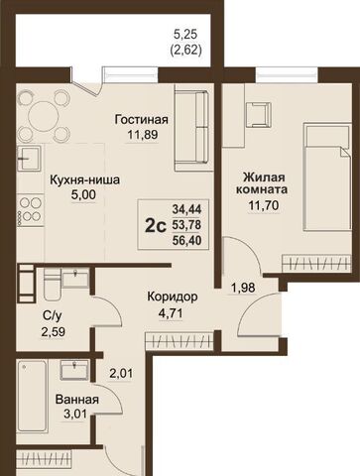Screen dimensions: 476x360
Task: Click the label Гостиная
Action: (139, 118)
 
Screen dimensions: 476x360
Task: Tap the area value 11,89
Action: (139, 135)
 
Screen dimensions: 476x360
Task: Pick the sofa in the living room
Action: (190, 127)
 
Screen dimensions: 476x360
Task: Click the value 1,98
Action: (243, 288)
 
